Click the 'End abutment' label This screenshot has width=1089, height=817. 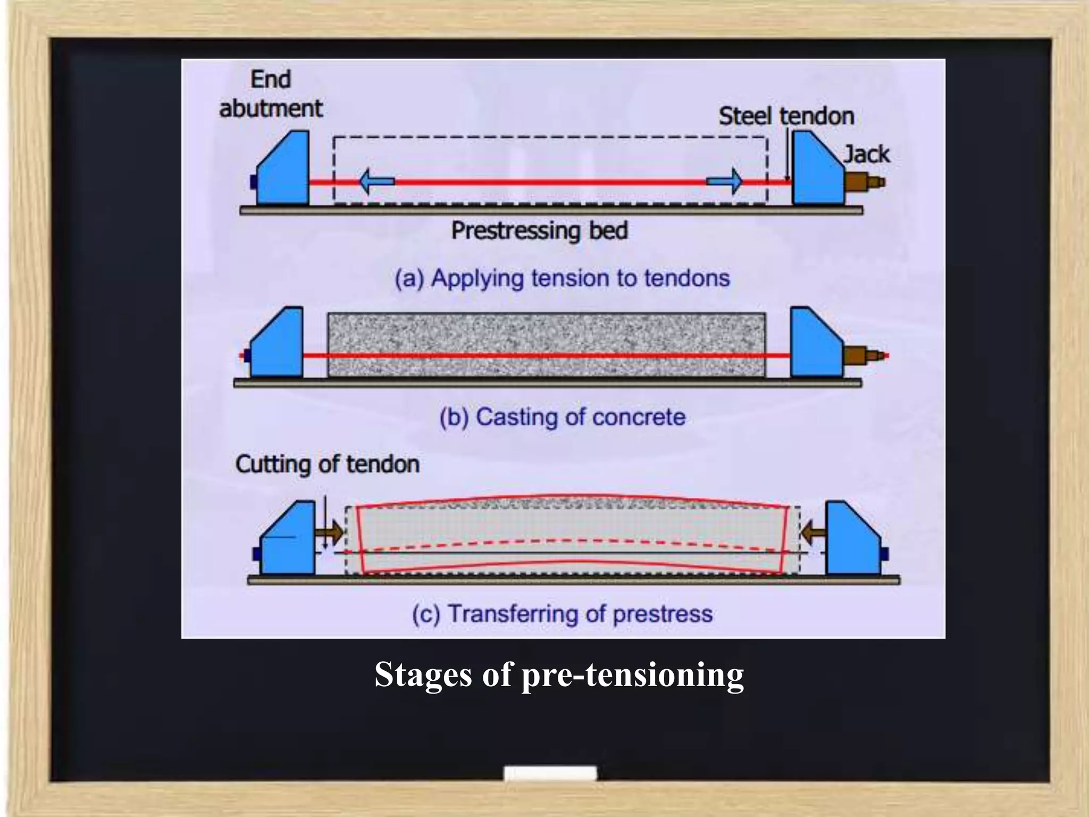[x=271, y=95]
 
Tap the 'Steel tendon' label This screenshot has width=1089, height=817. [x=786, y=116]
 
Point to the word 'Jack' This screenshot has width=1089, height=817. [x=866, y=154]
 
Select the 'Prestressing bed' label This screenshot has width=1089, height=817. [x=539, y=231]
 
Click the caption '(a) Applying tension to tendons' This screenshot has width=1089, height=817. [x=562, y=278]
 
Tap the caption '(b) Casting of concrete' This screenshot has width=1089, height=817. [x=562, y=417]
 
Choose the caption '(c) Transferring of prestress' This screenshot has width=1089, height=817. [x=562, y=614]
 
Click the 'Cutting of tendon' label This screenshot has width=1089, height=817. [x=327, y=464]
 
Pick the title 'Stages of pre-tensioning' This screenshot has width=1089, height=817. [x=559, y=674]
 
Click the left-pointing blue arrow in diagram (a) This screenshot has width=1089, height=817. [x=376, y=181]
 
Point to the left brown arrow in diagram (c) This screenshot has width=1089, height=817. [x=330, y=532]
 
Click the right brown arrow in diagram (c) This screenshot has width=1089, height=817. [x=812, y=532]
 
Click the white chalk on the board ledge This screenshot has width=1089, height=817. [x=550, y=773]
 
